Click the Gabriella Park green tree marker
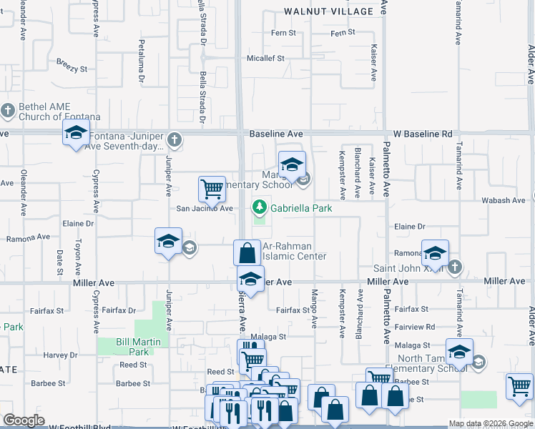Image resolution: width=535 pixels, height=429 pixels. pyautogui.click(x=258, y=208)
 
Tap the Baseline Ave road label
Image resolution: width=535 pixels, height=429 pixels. pyautogui.click(x=276, y=134)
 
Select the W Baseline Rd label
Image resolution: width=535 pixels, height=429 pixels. pyautogui.click(x=423, y=134)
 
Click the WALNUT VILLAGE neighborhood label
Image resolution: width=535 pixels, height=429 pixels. pyautogui.click(x=329, y=11)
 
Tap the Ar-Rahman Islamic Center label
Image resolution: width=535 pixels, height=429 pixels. pyautogui.click(x=294, y=252)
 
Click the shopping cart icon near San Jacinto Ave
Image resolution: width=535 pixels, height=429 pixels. pyautogui.click(x=212, y=189)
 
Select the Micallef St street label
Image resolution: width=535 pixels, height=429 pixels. pyautogui.click(x=265, y=59)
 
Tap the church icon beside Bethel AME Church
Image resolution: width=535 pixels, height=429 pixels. pyautogui.click(x=8, y=111)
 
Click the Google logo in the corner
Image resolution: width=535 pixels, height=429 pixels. pyautogui.click(x=24, y=420)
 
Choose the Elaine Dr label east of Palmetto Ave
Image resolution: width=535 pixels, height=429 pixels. pyautogui.click(x=410, y=227)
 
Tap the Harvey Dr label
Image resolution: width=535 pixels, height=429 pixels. pyautogui.click(x=60, y=355)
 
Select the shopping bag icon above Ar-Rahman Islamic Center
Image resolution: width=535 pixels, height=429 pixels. pyautogui.click(x=247, y=252)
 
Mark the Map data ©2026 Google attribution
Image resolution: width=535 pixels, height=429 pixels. pyautogui.click(x=491, y=423)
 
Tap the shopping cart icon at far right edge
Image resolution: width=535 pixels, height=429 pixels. pyautogui.click(x=519, y=386)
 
